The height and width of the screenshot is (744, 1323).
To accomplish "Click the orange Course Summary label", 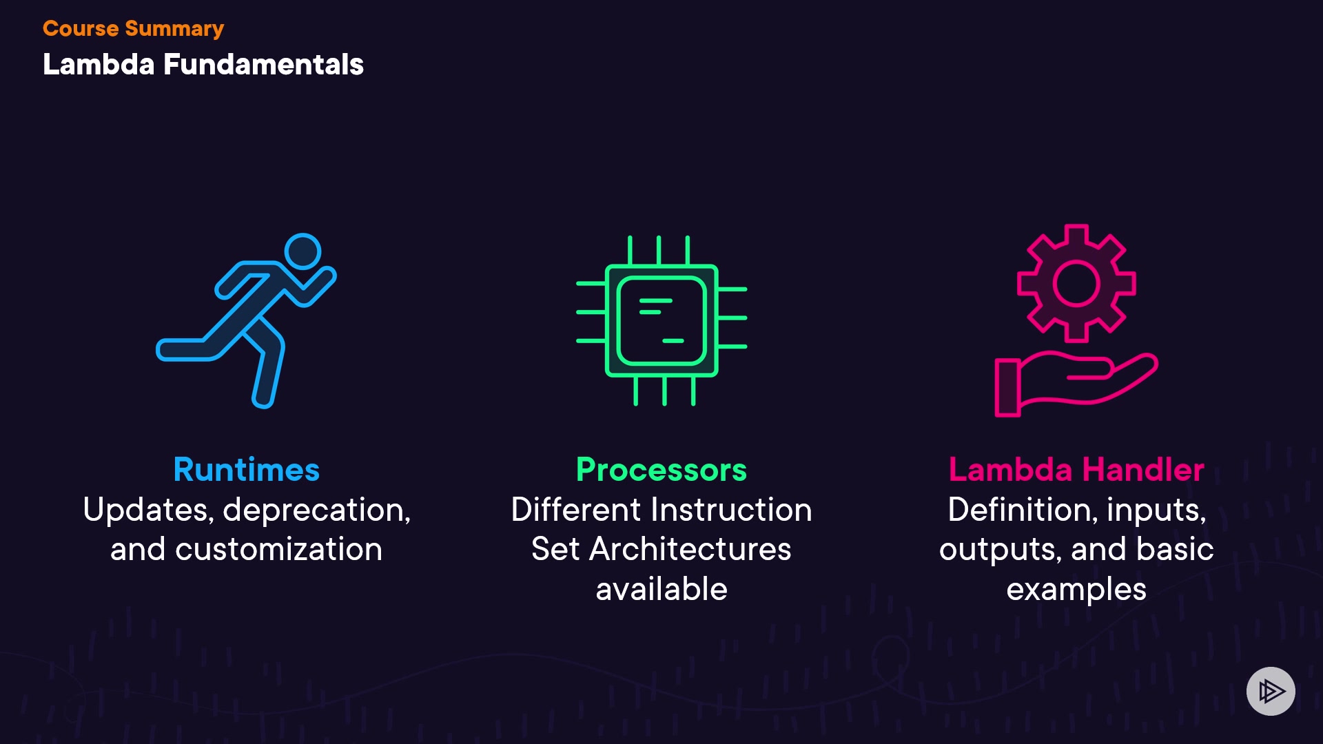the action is click(x=133, y=29).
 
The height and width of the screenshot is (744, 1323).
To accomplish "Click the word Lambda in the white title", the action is click(x=99, y=65).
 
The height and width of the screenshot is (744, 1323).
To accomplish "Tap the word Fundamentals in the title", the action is click(x=263, y=65).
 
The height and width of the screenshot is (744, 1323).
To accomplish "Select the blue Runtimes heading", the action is click(x=247, y=470).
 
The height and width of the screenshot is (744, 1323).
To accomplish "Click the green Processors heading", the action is click(x=661, y=470).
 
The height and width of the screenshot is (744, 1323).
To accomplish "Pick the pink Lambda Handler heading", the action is click(x=1076, y=470).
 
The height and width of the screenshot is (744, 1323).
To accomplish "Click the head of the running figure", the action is click(x=302, y=251).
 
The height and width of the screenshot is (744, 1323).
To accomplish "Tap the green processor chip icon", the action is click(x=661, y=320).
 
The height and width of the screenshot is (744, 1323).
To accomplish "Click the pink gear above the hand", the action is click(x=1076, y=283).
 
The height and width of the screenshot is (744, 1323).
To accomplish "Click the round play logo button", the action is click(x=1271, y=691).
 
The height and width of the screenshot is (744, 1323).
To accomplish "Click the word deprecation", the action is click(x=317, y=510).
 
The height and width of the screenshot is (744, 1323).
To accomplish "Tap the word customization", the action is click(x=278, y=550).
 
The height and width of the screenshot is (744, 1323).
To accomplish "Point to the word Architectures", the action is click(x=690, y=550).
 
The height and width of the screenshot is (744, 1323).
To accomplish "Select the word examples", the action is click(x=1076, y=590).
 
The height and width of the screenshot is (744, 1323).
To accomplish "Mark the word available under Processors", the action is click(x=661, y=590).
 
